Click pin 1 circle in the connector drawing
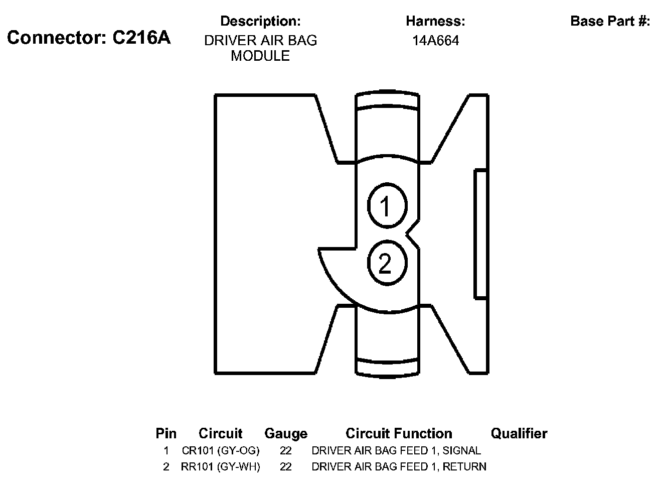(x=387, y=206)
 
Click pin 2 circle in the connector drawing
(x=386, y=263)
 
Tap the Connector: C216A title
(x=89, y=38)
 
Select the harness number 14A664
(x=435, y=41)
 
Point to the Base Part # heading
(x=610, y=21)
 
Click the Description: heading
(x=260, y=21)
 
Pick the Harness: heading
(x=435, y=21)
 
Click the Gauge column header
(x=286, y=433)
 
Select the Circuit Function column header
(x=399, y=433)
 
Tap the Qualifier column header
(x=519, y=433)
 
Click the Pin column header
(x=166, y=433)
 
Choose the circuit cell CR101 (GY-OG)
(x=221, y=450)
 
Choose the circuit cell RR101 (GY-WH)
(x=221, y=467)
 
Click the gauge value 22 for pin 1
(x=286, y=450)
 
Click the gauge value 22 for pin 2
(x=286, y=467)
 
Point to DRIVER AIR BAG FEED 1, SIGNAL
(x=396, y=450)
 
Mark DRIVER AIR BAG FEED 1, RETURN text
(x=399, y=467)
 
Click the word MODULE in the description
(x=260, y=56)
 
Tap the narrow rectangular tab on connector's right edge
(x=481, y=234)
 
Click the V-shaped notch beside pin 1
(x=413, y=232)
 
